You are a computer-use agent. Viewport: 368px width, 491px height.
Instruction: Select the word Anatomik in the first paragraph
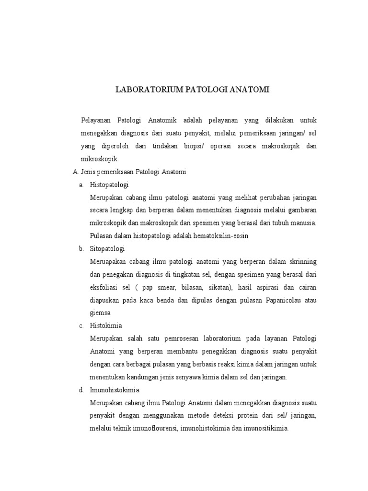[164, 119]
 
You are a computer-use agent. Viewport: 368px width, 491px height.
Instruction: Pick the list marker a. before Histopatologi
[81, 184]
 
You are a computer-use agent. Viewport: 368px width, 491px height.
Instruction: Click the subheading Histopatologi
[109, 184]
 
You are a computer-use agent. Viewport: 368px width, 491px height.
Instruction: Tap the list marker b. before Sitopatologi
[81, 248]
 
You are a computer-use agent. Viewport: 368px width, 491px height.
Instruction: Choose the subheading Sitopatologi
[107, 248]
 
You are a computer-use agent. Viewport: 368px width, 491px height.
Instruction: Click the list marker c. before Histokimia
[81, 326]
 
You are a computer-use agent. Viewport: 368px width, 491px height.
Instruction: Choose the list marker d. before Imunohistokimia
[81, 390]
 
